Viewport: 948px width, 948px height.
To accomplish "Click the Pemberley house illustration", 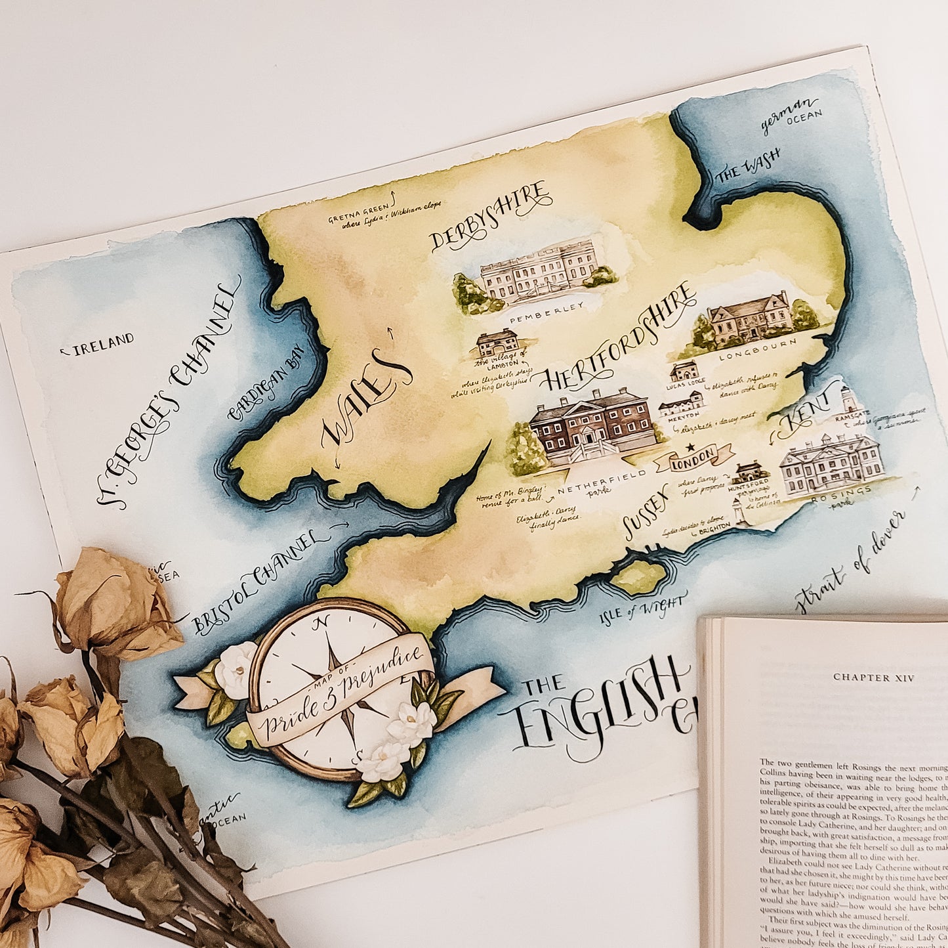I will click(x=539, y=272).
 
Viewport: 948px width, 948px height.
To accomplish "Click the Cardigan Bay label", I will click(x=267, y=384).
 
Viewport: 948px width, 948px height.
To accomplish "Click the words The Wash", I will click(x=748, y=165).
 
